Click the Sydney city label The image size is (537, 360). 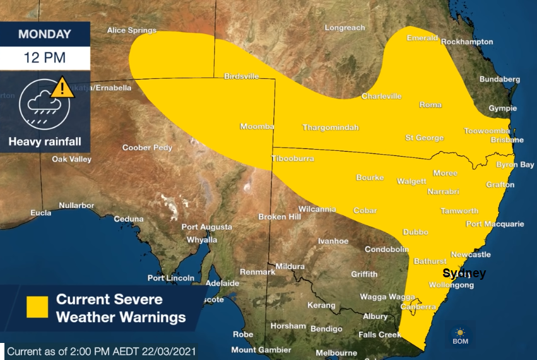pos(464,273)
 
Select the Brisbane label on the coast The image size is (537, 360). pos(507,140)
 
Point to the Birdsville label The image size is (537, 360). pos(242,76)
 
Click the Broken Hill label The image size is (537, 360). pos(280,217)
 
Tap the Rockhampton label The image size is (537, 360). pos(467,42)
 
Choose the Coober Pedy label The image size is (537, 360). pos(147,148)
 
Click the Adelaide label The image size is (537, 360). pos(222,283)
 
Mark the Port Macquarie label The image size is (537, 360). pos(495,224)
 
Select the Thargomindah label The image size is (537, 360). pos(331,128)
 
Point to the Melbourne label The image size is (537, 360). pos(336,352)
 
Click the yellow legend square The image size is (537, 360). pos(37,307)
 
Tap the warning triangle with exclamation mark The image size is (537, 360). pos(62,87)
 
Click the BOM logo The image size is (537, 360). pos(460,335)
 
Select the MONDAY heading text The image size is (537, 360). pos(45,34)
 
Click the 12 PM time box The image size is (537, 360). pos(45,57)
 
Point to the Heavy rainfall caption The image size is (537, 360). pos(45,141)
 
